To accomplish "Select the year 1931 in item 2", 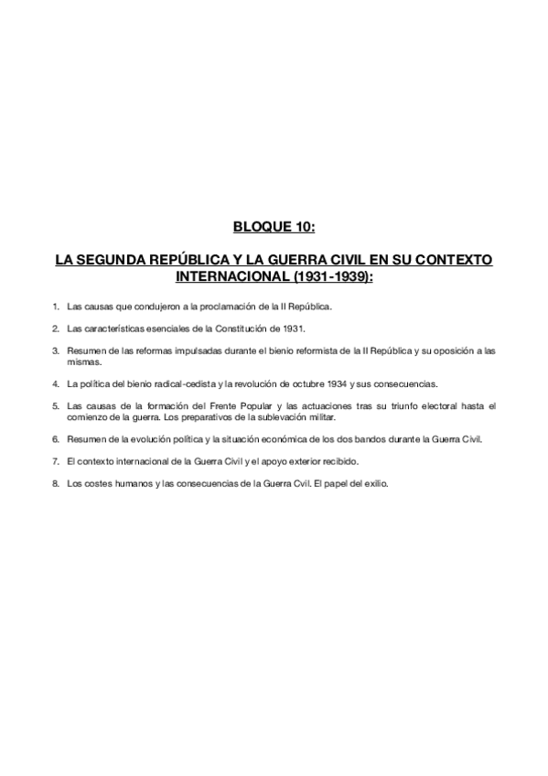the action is click(292, 328).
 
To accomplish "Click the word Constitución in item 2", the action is click(241, 328).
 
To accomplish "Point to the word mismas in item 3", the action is click(83, 361).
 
